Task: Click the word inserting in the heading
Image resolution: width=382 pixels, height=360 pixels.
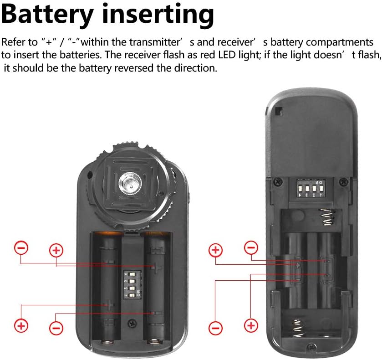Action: click(x=158, y=15)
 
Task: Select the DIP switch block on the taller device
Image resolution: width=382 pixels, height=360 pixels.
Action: click(x=311, y=188)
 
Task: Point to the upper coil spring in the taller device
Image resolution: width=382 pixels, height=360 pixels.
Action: click(x=326, y=216)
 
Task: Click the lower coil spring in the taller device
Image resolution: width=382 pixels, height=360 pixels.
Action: click(x=297, y=328)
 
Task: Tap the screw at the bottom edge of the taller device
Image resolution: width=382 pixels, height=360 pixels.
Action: click(x=311, y=346)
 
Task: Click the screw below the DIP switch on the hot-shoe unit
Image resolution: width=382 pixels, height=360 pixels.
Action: click(x=132, y=324)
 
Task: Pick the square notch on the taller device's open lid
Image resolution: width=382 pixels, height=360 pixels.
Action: click(x=279, y=111)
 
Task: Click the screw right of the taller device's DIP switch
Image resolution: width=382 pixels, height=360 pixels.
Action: click(x=344, y=181)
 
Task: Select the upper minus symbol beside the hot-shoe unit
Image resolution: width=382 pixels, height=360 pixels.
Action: click(x=21, y=248)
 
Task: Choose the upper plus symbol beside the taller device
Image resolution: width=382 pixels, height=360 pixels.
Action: click(x=216, y=250)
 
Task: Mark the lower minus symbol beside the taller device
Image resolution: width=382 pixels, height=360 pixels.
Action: click(x=216, y=328)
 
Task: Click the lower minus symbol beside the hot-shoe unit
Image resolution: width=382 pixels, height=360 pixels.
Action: click(x=56, y=328)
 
